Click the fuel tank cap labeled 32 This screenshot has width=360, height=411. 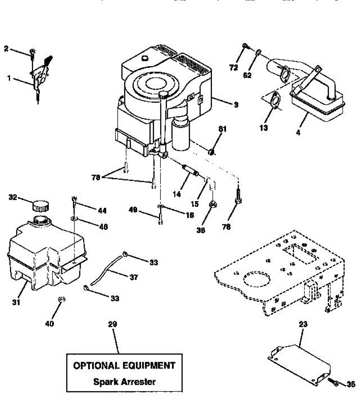pyautogui.click(x=40, y=206)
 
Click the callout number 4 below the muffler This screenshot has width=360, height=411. pyautogui.click(x=298, y=133)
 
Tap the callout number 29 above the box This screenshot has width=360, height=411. pyautogui.click(x=113, y=324)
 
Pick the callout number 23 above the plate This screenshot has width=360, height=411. pyautogui.click(x=303, y=324)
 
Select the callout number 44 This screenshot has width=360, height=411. pyautogui.click(x=102, y=211)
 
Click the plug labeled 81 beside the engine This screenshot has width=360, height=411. pyautogui.click(x=211, y=151)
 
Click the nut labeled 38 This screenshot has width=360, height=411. pyautogui.click(x=213, y=205)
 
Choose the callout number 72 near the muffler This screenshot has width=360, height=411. pyautogui.click(x=234, y=68)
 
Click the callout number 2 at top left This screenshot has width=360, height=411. pyautogui.click(x=6, y=49)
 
